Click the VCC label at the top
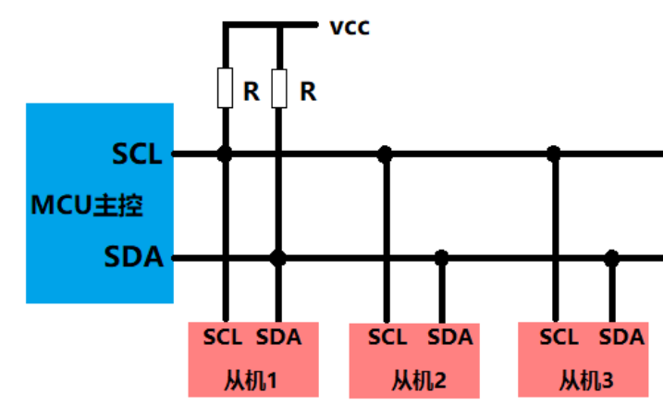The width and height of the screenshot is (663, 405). [350, 28]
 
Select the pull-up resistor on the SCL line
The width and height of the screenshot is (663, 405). [225, 88]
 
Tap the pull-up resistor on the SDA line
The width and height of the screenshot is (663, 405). [279, 89]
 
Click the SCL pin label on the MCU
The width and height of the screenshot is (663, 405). [137, 153]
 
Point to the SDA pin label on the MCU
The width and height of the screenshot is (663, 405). [133, 256]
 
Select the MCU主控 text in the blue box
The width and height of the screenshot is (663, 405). [87, 205]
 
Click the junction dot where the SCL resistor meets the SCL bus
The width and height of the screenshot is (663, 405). [225, 153]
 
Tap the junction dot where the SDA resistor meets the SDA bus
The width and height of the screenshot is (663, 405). [278, 258]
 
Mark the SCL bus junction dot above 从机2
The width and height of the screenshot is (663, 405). [385, 153]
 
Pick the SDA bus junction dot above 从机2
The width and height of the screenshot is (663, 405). [441, 258]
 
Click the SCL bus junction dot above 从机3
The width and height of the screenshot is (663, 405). [554, 153]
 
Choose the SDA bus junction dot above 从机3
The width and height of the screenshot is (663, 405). [612, 258]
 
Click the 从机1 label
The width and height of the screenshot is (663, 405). [251, 380]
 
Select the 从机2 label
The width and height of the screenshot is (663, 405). [419, 380]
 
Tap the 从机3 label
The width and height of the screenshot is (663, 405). [586, 380]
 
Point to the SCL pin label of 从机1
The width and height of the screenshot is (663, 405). [223, 337]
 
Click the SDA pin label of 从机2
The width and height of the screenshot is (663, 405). [450, 337]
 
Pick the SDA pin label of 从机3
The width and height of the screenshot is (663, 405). [621, 337]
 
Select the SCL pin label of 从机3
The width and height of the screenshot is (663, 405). [559, 337]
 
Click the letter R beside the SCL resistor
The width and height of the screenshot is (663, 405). [252, 92]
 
